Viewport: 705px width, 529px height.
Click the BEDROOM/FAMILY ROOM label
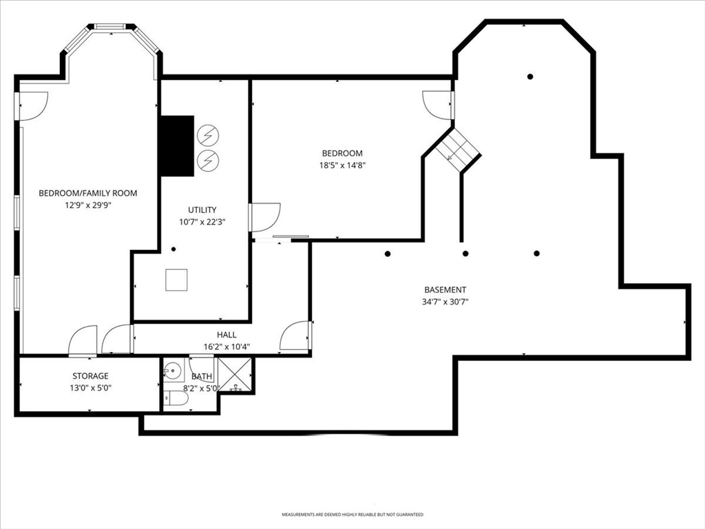[87, 193]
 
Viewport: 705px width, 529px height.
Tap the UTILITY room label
[202, 209]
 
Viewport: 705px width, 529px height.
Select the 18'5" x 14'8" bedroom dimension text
[342, 165]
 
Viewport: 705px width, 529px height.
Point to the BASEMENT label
[445, 290]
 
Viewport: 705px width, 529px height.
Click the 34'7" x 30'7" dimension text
[445, 302]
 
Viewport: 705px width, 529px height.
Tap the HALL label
[227, 335]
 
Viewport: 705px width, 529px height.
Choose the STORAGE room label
[90, 375]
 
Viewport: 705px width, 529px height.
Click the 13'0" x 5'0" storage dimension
[90, 388]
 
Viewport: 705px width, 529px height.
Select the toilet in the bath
[176, 398]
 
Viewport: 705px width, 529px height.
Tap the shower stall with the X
[235, 375]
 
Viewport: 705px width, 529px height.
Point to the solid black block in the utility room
[178, 146]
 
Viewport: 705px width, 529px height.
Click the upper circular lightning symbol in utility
[209, 134]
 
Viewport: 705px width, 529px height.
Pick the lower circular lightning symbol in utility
[209, 160]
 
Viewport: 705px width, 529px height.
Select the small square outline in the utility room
[176, 280]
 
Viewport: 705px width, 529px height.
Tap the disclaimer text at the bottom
[352, 514]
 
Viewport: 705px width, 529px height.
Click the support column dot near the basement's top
[531, 76]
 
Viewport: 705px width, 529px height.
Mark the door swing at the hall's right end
[295, 335]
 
